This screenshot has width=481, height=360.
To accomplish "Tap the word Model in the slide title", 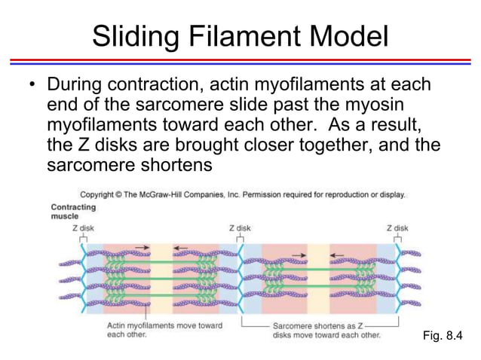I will tap(348, 35).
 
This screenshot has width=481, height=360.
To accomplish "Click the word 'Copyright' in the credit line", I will tap(101, 194).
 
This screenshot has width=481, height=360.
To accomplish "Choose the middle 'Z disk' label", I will tap(239, 227).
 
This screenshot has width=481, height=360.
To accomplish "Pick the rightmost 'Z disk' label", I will tap(397, 227).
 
